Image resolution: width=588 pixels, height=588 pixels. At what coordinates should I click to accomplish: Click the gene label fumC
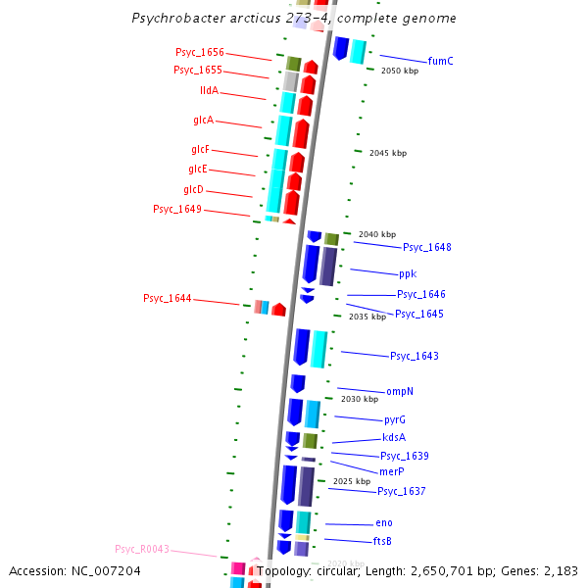pos(440,61)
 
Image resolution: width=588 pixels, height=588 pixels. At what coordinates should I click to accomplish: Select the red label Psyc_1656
pos(200,53)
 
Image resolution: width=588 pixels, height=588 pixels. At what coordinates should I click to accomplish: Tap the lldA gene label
pos(209,91)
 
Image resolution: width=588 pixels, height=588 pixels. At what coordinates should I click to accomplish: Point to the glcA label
pos(204,121)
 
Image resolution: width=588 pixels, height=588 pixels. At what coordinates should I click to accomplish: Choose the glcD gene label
pos(193,190)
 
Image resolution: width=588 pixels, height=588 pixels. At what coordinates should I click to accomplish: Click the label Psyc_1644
pos(167,298)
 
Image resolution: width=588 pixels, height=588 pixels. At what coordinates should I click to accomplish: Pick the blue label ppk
pos(408,274)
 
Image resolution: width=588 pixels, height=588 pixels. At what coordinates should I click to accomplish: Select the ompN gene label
pos(400,391)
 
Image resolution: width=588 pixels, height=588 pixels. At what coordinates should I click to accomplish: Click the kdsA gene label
pos(394,438)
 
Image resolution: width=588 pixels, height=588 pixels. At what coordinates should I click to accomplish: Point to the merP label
pos(391,471)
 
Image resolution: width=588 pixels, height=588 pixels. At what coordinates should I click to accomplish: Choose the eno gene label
pos(383,523)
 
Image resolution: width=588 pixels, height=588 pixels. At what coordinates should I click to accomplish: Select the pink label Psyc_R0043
pos(142,549)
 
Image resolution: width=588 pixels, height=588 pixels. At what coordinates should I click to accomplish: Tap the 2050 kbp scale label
pos(399,71)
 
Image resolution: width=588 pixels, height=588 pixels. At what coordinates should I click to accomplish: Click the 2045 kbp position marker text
pos(387,153)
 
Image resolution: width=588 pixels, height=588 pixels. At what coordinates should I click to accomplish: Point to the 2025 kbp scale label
pos(351,481)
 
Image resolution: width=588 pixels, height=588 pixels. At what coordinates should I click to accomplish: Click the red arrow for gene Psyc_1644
pos(279,310)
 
